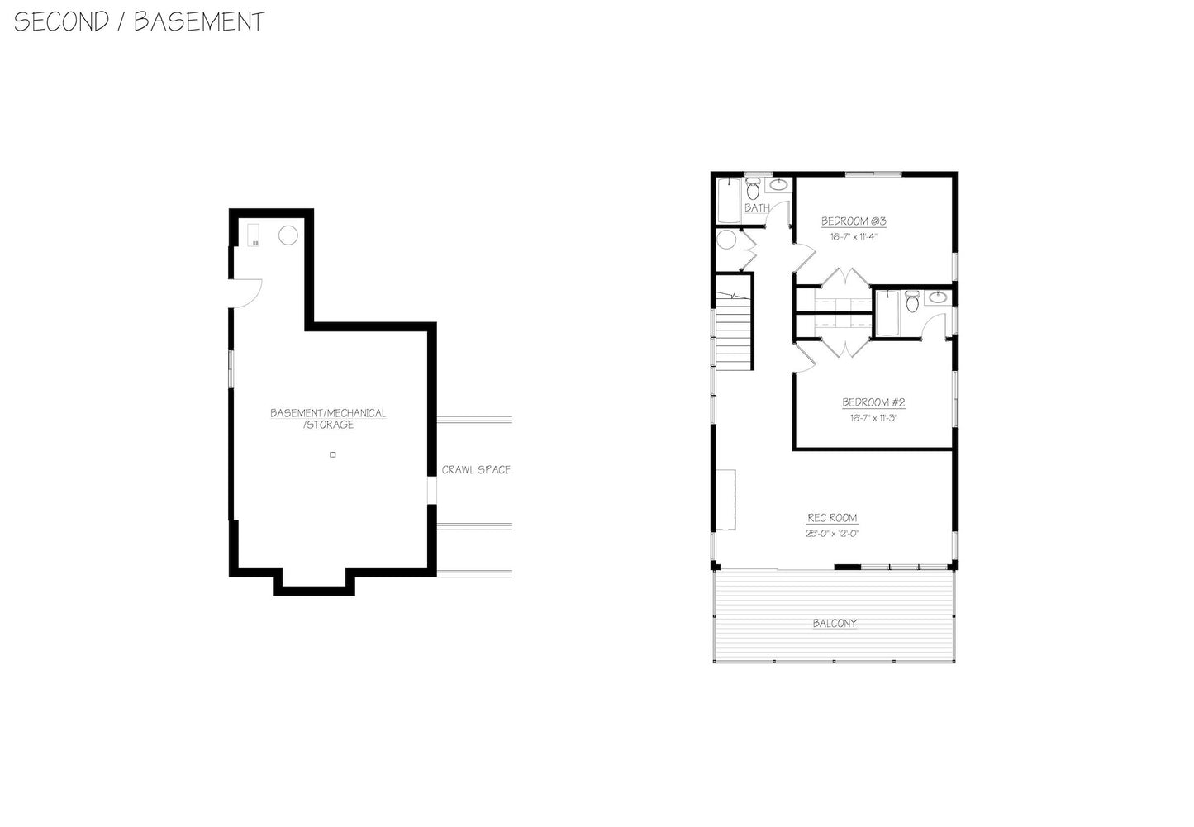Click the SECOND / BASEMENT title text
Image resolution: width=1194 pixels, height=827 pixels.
coord(139,21)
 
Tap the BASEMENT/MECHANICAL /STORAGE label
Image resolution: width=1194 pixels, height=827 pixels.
coord(328,419)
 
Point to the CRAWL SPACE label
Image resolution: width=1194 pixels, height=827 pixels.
coord(476,470)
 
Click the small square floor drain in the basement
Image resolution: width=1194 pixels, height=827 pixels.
coord(333,454)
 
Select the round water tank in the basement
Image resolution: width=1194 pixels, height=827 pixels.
coord(288,235)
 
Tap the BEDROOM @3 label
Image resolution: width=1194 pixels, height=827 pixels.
coord(854,221)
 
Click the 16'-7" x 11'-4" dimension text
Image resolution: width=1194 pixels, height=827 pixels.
coord(853,236)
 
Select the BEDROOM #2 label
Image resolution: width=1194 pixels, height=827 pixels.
coord(873,403)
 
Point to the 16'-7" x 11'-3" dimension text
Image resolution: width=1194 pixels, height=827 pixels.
coord(873,418)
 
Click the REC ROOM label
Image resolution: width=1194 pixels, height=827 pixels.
coord(832,518)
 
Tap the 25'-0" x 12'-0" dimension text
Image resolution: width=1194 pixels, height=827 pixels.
coord(832,534)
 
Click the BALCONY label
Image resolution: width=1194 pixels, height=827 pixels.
coord(835,623)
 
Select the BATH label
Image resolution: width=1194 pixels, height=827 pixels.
coord(757,207)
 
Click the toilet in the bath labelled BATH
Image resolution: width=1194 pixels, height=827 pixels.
coord(754,189)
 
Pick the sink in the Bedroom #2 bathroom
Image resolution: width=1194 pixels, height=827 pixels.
coord(937,298)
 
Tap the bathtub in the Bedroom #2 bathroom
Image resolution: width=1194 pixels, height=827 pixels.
coord(887,312)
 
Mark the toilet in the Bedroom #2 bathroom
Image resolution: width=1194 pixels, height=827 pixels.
coord(912,302)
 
